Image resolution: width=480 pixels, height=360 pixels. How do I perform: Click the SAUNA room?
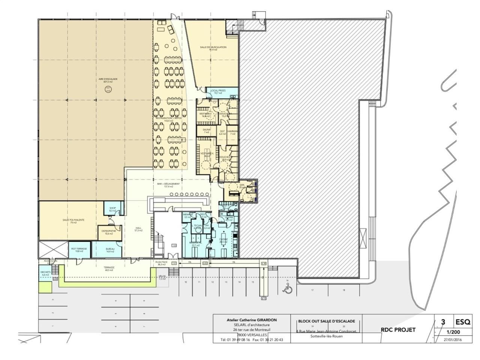(x=206, y=130)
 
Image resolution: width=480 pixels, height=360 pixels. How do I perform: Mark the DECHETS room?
(x=45, y=273)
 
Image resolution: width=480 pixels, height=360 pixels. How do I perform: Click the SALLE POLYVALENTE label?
(x=71, y=221)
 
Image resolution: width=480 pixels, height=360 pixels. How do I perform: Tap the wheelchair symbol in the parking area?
(x=288, y=289)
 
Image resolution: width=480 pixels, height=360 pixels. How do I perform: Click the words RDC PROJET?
(x=397, y=330)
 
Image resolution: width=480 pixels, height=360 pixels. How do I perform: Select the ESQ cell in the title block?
(x=463, y=321)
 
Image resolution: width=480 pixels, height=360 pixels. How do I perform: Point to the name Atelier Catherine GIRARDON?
(x=252, y=320)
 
